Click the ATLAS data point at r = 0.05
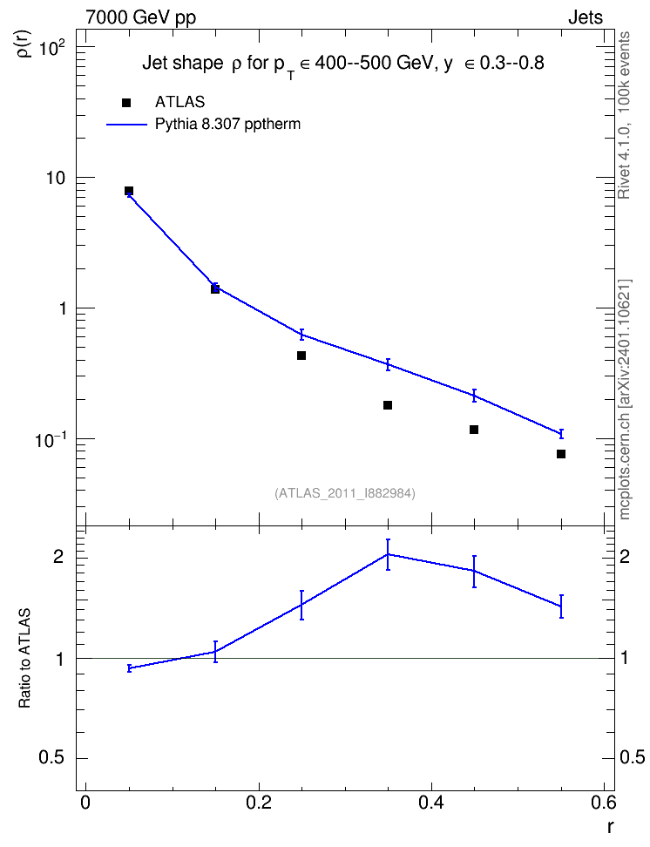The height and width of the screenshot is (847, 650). click(x=129, y=191)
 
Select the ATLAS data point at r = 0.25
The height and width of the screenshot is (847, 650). click(x=301, y=356)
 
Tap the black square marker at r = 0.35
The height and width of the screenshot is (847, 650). click(x=388, y=405)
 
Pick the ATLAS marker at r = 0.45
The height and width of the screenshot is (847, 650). click(x=474, y=430)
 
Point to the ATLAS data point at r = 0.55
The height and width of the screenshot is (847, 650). click(x=561, y=454)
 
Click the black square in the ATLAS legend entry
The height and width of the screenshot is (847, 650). click(x=126, y=103)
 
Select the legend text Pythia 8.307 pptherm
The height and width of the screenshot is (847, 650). click(x=227, y=125)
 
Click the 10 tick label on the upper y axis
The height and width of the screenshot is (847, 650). click(x=55, y=178)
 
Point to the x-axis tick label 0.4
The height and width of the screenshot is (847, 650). click(x=430, y=803)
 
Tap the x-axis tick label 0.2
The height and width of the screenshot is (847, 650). click(x=258, y=803)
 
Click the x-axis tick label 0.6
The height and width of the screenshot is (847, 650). click(x=603, y=803)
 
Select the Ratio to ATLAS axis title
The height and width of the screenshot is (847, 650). click(x=24, y=658)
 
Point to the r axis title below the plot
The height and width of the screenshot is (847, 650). click(x=610, y=826)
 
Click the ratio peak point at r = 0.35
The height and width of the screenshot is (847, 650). click(x=388, y=554)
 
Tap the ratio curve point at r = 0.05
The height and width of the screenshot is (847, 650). click(x=129, y=668)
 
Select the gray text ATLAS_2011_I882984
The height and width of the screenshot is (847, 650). click(x=345, y=493)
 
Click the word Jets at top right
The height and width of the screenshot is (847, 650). click(x=586, y=17)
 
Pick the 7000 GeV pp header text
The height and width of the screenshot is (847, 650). click(x=140, y=17)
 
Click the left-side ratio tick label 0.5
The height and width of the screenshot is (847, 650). click(x=51, y=758)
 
